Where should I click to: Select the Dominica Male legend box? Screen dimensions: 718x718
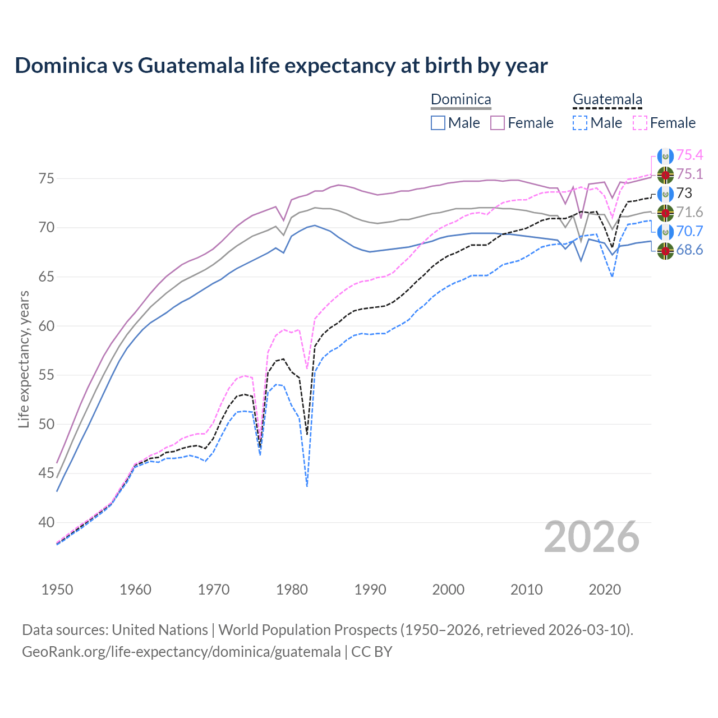[438, 123]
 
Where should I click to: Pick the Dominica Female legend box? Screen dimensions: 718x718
[498, 123]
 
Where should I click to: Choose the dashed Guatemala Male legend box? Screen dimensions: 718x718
[580, 123]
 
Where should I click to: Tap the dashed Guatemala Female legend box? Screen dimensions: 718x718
[640, 123]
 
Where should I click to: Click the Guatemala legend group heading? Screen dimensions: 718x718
[607, 100]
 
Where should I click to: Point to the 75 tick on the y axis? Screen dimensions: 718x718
[47, 179]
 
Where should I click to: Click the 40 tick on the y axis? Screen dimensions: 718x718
[47, 522]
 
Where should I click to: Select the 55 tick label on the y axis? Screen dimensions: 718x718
[47, 375]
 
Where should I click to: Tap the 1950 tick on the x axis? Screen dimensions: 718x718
[57, 590]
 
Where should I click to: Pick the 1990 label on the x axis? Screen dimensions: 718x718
[370, 590]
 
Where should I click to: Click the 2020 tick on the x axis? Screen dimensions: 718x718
[605, 590]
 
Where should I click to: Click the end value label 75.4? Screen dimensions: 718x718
[689, 155]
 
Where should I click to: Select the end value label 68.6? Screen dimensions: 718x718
[689, 250]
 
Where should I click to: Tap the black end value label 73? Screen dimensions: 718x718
[684, 194]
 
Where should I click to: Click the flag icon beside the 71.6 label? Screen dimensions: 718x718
[665, 213]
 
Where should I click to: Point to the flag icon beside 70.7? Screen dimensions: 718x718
[665, 232]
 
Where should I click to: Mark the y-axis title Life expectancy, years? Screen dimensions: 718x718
[24, 359]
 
